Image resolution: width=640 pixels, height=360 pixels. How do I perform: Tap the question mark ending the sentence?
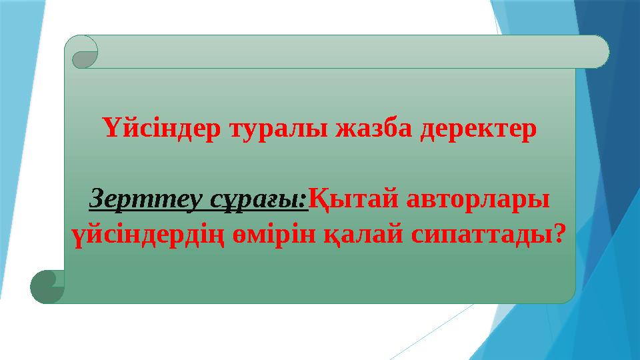[560, 233]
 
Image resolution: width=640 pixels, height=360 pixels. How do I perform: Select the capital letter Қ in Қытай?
[319, 198]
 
